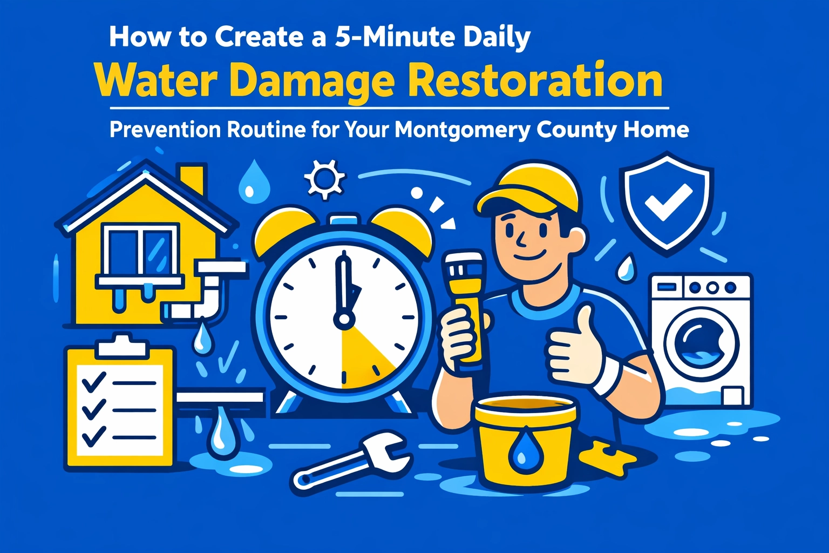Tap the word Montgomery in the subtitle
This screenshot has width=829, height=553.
click(x=463, y=130)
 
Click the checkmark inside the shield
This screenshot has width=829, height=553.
click(x=668, y=202)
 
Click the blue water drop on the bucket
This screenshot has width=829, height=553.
click(x=521, y=448)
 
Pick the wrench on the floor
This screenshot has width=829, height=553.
click(x=351, y=459)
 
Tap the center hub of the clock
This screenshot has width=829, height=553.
click(x=344, y=319)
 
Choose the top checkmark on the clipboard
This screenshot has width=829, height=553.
click(x=93, y=382)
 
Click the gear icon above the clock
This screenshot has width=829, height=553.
click(x=324, y=179)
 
